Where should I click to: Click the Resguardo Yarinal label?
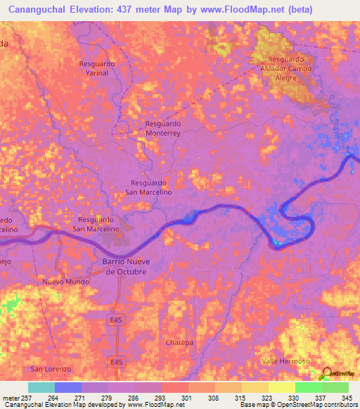(97, 67)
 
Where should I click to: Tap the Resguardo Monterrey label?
(163, 127)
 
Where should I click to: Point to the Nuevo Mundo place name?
(65, 281)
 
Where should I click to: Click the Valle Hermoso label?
(285, 361)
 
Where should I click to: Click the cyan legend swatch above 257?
(41, 387)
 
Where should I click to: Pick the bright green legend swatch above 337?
(308, 387)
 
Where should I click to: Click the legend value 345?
(345, 397)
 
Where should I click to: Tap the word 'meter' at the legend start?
(12, 397)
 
